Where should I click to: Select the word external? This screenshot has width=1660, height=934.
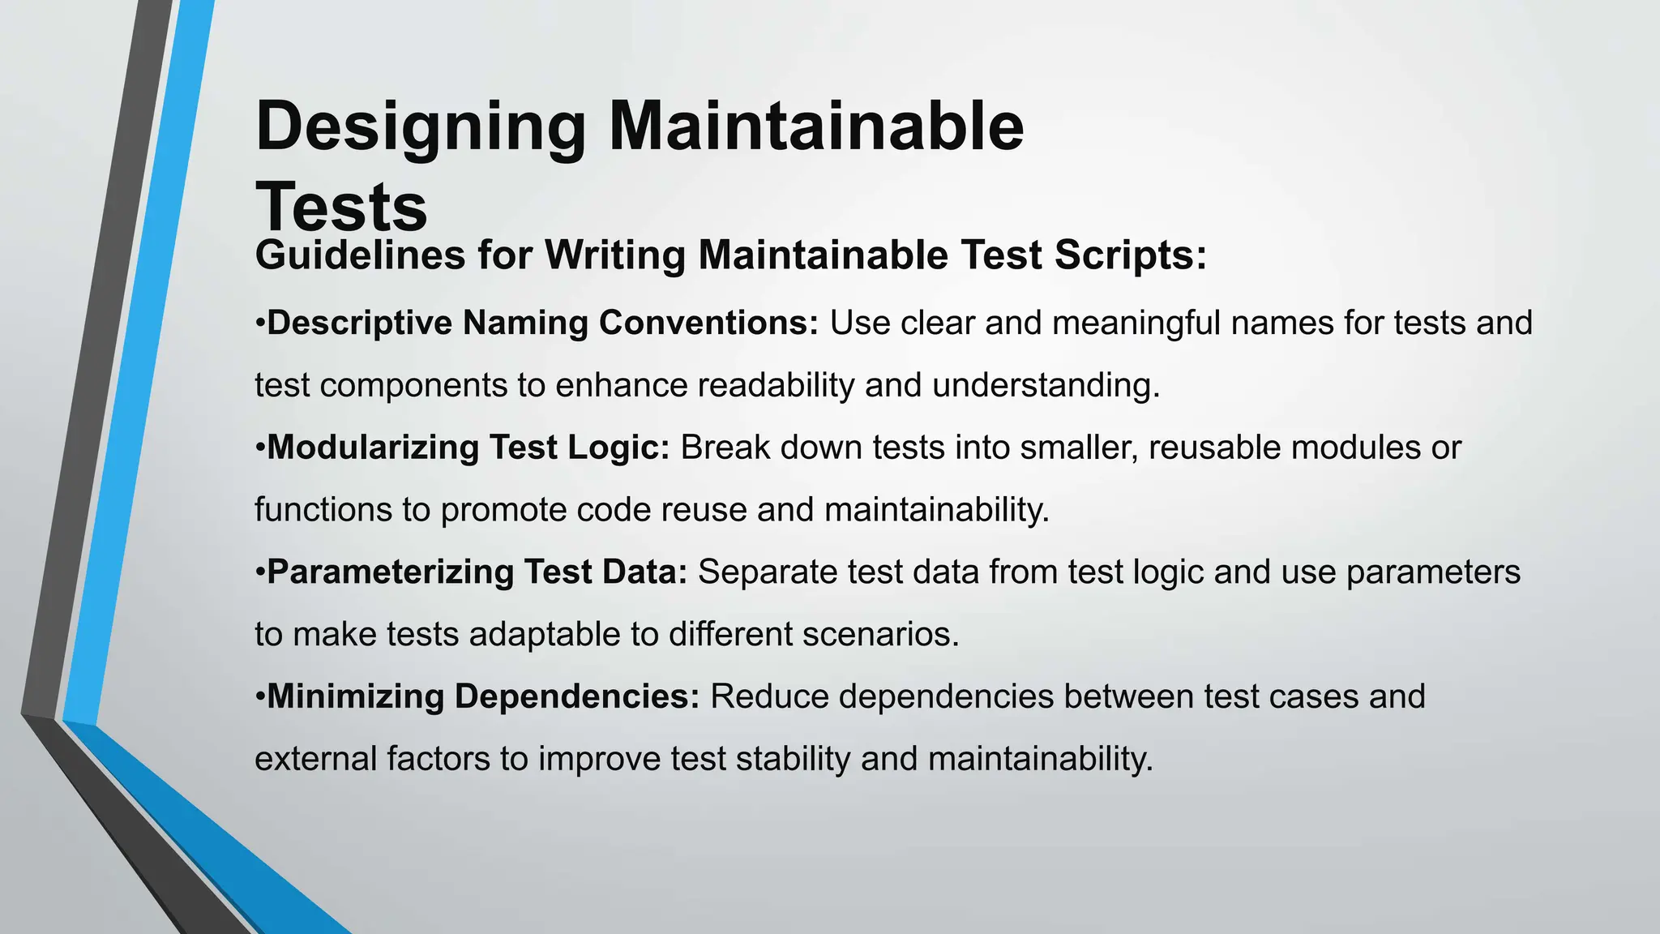coord(315,759)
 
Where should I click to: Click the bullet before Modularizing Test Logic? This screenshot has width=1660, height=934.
coord(260,448)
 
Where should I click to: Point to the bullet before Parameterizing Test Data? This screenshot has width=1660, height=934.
coord(260,572)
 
